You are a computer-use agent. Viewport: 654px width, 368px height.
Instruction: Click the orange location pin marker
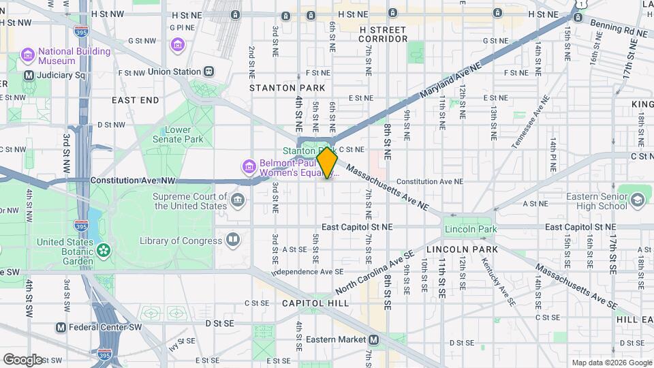pos(327,163)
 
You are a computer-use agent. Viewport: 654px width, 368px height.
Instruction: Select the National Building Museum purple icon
pos(28,54)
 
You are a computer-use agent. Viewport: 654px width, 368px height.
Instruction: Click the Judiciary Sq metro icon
pos(29,76)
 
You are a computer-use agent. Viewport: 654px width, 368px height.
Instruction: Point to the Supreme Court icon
pos(238,199)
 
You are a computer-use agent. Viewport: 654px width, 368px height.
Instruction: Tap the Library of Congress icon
pos(233,240)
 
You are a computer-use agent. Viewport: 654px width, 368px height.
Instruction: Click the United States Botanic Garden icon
pos(103,251)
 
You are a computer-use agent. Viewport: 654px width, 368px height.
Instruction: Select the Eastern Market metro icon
pos(373,339)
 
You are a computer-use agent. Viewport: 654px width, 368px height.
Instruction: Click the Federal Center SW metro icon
pos(61,327)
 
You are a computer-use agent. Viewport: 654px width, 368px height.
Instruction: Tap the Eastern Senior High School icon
pos(637,199)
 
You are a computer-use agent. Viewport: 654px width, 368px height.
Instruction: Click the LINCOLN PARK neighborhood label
pos(471,249)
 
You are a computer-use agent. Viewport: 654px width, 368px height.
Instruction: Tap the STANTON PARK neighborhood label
pos(282,88)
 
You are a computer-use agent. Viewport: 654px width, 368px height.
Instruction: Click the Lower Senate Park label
pos(184,134)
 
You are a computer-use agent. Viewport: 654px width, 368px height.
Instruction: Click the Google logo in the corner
pos(22,359)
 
